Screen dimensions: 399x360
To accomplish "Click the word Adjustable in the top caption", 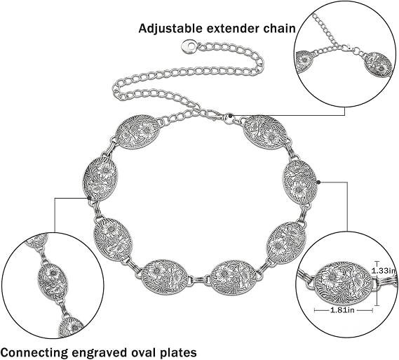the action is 170,29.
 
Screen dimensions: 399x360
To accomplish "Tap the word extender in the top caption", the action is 233,29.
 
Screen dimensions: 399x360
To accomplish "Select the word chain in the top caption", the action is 279,28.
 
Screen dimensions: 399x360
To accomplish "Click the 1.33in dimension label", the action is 384,271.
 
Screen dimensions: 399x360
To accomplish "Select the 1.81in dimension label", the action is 342,310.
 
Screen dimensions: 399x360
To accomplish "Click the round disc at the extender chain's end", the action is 188,46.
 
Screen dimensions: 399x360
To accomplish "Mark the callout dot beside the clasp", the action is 230,116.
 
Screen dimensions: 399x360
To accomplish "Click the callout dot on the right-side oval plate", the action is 318,182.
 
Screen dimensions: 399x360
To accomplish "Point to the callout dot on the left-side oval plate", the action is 89,198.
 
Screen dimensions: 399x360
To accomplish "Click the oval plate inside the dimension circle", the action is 344,284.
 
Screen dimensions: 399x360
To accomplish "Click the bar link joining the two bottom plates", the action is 199,280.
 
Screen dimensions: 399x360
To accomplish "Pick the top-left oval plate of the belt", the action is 137,133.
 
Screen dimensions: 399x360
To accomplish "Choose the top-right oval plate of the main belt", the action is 265,133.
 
